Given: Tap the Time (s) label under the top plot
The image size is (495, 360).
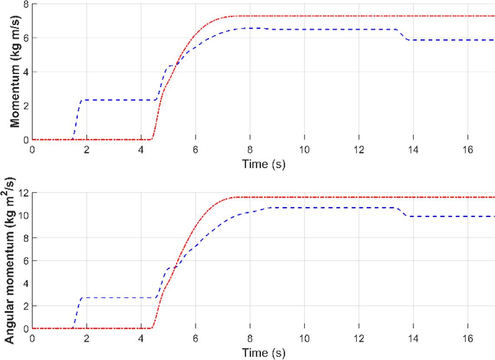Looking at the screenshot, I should tap(263, 165).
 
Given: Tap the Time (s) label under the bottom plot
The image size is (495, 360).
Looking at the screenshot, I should tap(263, 353).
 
